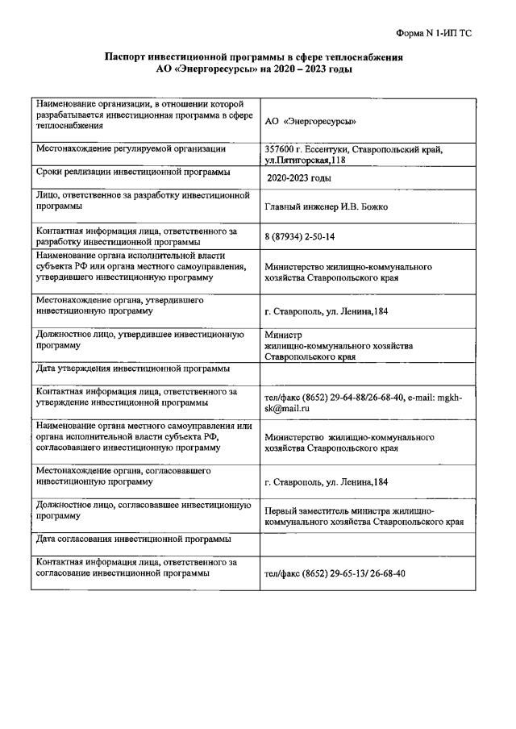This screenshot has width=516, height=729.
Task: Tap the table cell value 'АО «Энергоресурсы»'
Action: pos(310,121)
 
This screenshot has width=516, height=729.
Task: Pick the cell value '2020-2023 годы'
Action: pos(298,178)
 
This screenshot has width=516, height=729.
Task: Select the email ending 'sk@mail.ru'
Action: pos(289,409)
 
